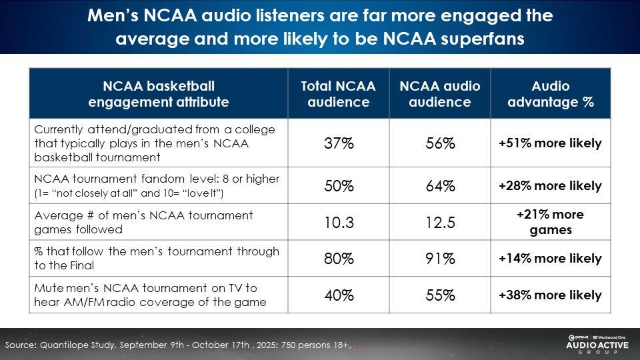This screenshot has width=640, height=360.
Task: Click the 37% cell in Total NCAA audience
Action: click(339, 144)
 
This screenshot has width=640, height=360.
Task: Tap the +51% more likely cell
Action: click(550, 143)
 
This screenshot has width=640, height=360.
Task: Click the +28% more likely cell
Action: click(550, 186)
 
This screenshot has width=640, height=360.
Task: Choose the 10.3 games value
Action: click(339, 223)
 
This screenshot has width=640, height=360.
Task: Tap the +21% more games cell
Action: click(550, 223)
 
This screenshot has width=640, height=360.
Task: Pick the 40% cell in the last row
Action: click(339, 295)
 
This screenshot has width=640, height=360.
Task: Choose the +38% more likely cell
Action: click(550, 295)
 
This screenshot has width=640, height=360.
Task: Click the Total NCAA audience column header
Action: click(339, 94)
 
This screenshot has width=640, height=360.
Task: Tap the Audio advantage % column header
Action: click(550, 94)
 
